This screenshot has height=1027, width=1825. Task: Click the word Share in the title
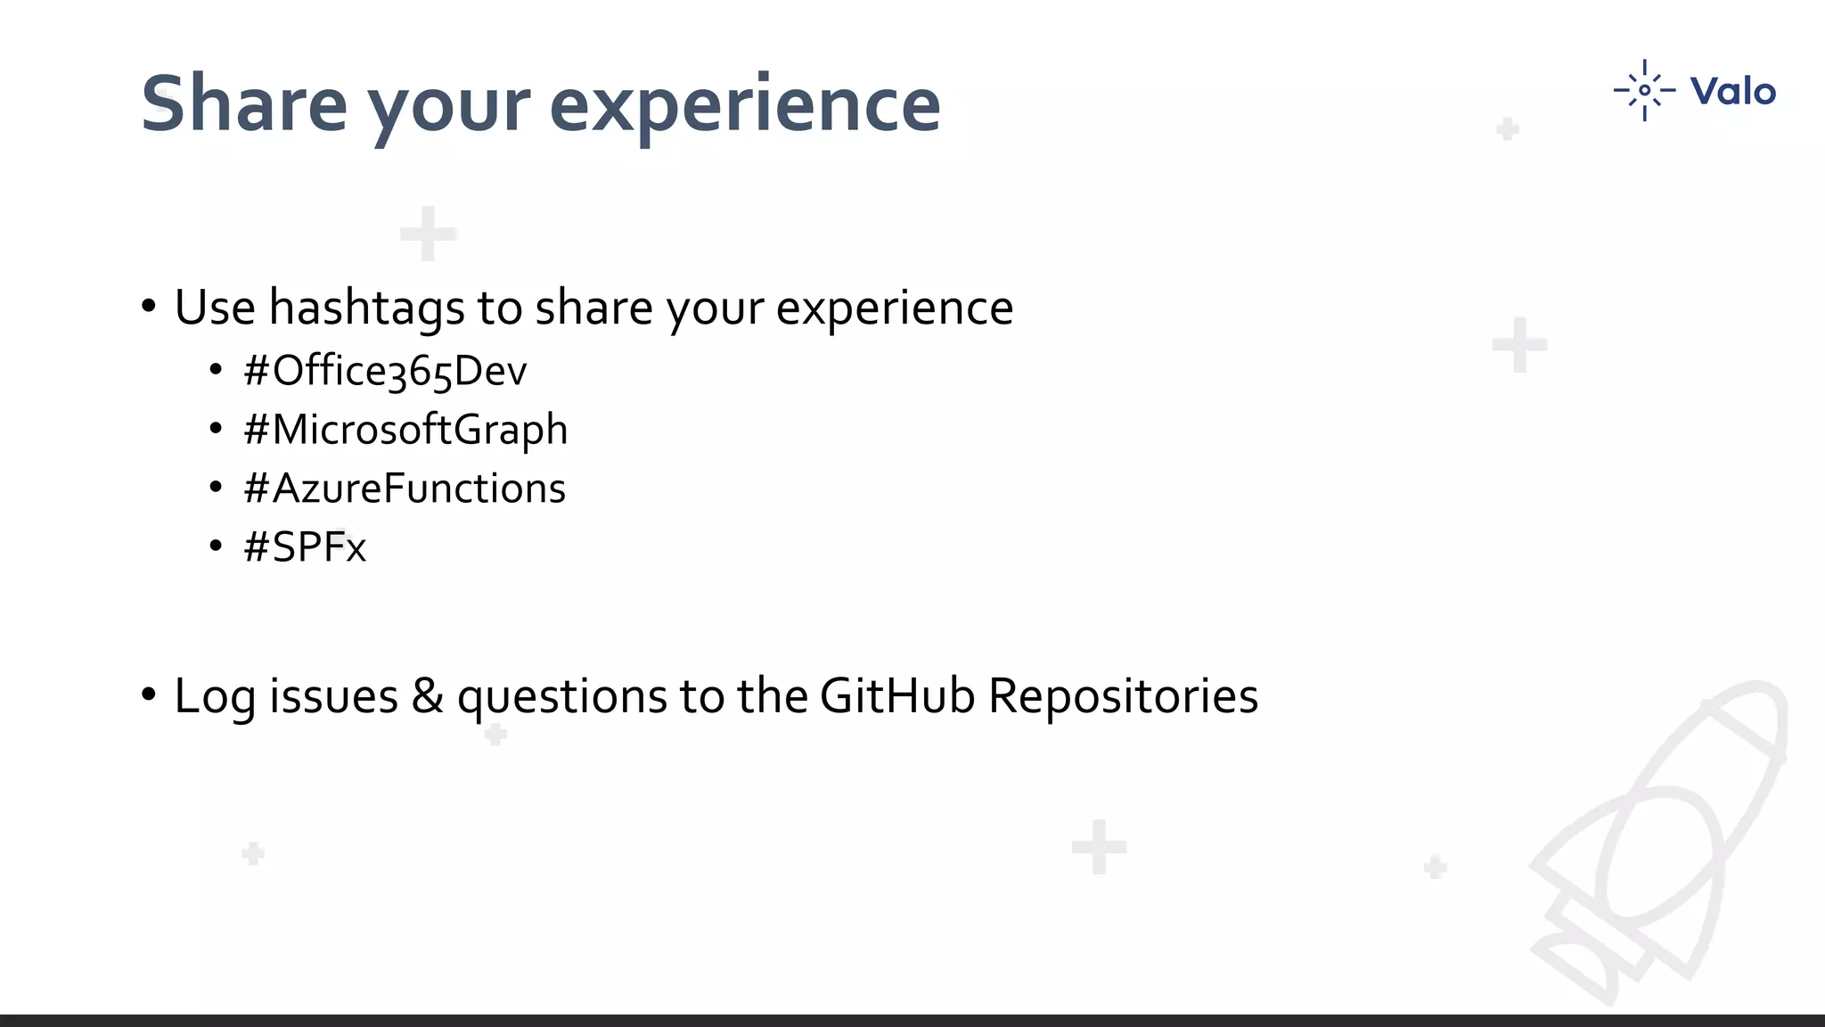click(243, 104)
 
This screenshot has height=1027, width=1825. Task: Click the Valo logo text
click(1732, 92)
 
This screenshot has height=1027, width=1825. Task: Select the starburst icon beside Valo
click(1644, 90)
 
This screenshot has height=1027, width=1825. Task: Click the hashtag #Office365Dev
click(385, 371)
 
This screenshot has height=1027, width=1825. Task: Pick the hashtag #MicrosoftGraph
click(405, 430)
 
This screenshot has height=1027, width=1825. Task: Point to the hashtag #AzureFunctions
click(405, 489)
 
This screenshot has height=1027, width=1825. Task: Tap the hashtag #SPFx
click(305, 546)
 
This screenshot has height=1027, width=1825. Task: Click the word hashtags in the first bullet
click(366, 308)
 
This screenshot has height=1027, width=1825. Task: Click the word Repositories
click(1123, 697)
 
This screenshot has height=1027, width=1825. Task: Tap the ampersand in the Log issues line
click(427, 695)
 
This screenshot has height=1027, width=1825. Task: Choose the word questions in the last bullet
click(561, 697)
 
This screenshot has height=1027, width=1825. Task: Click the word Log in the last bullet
click(215, 697)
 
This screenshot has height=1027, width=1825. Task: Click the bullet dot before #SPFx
click(216, 546)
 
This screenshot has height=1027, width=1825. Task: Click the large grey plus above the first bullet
click(428, 234)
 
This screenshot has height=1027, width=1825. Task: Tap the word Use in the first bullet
click(215, 308)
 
